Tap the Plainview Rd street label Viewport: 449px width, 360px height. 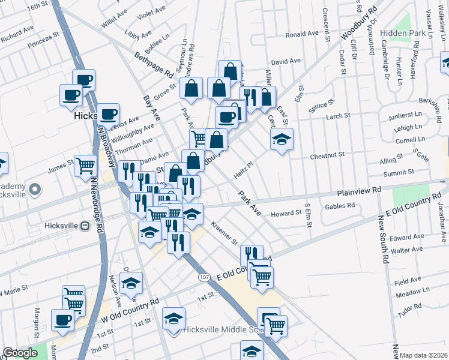click(359, 190)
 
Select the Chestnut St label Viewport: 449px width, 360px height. click(327, 156)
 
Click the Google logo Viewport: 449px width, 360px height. click(20, 353)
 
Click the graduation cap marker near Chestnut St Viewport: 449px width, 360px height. click(281, 140)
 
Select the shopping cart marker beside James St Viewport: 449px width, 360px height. click(86, 164)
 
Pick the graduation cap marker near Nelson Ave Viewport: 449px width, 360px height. click(131, 283)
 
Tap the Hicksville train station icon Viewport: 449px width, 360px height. click(85, 226)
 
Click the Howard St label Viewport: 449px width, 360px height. click(285, 213)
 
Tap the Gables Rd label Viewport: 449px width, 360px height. click(340, 206)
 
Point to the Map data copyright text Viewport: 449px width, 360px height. click(424, 355)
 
